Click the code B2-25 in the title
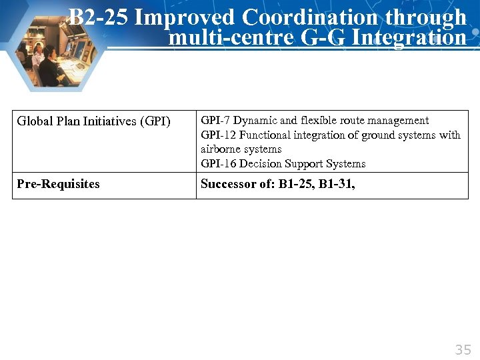(98, 17)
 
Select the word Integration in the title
(409, 37)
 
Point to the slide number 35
(463, 349)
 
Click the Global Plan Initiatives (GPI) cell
(94, 121)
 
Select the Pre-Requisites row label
(58, 184)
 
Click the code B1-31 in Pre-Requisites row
(337, 184)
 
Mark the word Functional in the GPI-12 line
(265, 135)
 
